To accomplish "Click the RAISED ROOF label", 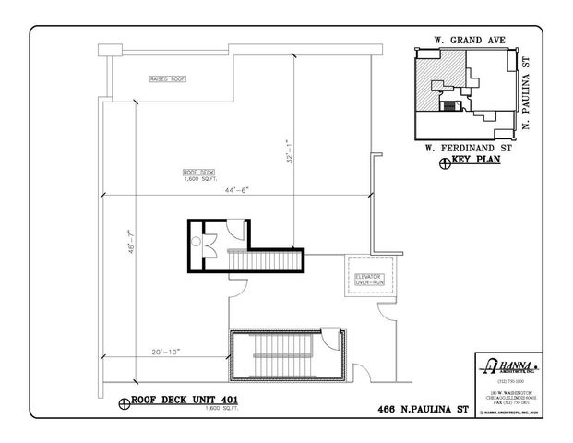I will point(167,80).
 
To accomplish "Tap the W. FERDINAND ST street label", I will point(461,147).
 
